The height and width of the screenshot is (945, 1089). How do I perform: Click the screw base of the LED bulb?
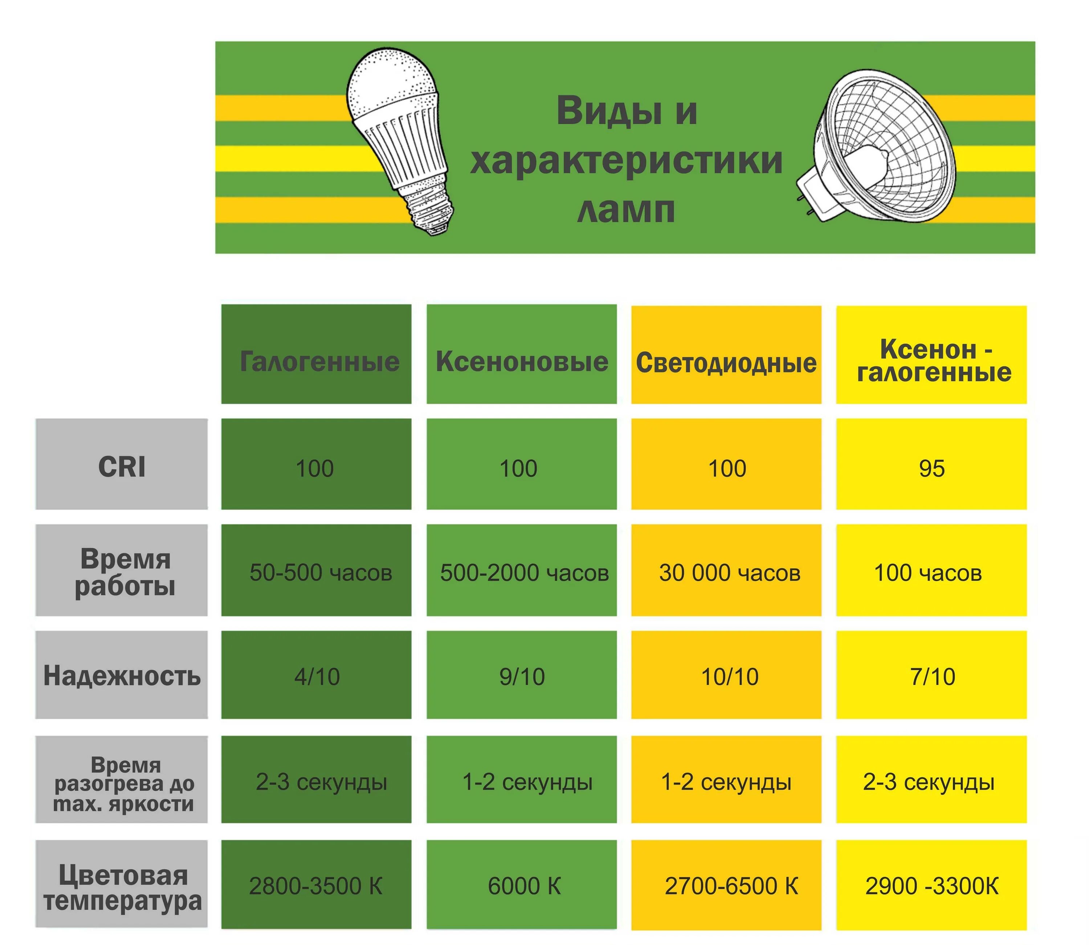430,211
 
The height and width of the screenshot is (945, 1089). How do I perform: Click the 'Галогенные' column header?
317,361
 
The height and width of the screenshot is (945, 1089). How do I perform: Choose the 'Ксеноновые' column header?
522,361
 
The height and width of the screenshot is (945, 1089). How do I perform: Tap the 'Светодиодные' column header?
726,363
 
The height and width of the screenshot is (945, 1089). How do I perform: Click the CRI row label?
122,467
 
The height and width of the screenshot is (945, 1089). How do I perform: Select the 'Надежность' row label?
122,676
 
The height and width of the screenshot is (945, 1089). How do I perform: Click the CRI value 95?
931,468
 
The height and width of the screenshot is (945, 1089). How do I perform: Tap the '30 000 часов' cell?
729,573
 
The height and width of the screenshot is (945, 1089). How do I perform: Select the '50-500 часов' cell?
320,573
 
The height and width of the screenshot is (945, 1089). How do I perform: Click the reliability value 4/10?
317,677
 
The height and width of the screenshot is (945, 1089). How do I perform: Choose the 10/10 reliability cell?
729,677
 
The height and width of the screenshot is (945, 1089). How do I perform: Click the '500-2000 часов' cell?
524,573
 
